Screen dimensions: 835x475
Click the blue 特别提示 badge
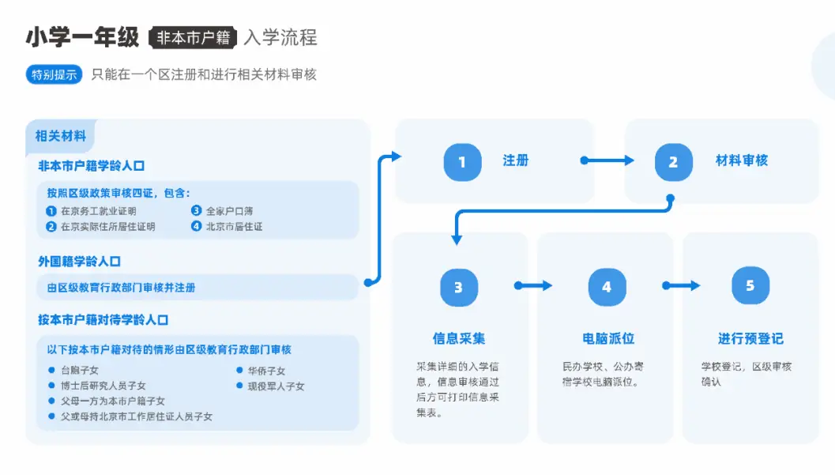[x=54, y=74]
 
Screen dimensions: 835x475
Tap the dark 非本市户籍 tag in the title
[x=193, y=37]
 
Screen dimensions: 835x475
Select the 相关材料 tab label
[x=61, y=136]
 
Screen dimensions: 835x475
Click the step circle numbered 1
[x=462, y=162]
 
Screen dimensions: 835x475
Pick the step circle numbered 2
[x=674, y=162]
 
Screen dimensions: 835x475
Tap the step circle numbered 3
[x=458, y=288]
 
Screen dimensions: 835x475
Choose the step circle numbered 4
[x=607, y=287]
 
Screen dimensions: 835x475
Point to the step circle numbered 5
[x=750, y=285]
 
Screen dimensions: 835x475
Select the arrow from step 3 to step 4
[x=533, y=286]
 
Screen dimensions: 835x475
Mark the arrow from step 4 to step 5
[x=681, y=286]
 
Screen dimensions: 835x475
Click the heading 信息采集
[x=458, y=339]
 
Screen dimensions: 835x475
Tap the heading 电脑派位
[x=607, y=339]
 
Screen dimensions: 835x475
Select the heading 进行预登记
[x=750, y=339]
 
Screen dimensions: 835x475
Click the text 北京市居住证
[x=234, y=226]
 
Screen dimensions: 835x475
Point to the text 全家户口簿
[x=230, y=211]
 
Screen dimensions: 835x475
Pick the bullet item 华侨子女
[x=266, y=371]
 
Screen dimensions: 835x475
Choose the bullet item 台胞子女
[x=79, y=370]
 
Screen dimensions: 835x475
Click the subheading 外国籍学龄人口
[x=79, y=262]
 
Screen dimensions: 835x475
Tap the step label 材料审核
[x=741, y=160]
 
